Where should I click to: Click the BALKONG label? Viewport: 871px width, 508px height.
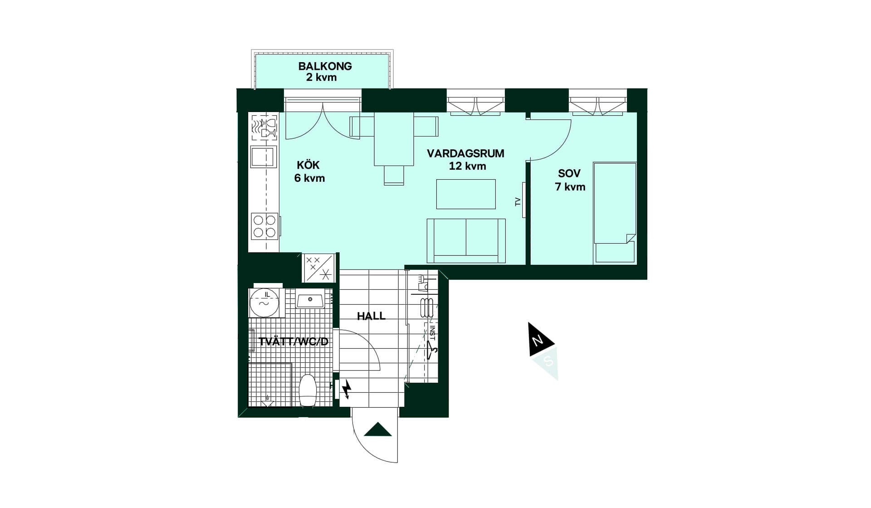click(x=325, y=66)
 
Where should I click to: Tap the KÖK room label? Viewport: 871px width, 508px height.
click(x=308, y=165)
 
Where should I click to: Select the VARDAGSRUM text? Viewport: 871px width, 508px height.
click(x=465, y=153)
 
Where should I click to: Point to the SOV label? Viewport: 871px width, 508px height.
click(x=569, y=173)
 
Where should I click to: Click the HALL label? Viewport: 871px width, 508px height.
click(x=371, y=316)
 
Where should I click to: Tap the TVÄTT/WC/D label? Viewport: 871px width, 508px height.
click(x=293, y=342)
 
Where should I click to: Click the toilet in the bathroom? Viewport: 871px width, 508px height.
click(x=308, y=390)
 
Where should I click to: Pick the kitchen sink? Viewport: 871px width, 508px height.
click(x=263, y=157)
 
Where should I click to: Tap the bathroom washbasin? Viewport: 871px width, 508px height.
click(x=310, y=300)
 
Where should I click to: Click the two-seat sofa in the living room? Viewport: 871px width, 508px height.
click(x=466, y=240)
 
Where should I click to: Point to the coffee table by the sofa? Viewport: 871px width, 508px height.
click(x=466, y=194)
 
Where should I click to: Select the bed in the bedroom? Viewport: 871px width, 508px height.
click(x=615, y=212)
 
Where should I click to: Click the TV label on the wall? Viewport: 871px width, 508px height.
click(x=518, y=202)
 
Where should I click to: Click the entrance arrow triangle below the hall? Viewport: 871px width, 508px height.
click(x=378, y=430)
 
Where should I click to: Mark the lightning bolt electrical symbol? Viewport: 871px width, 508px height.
click(x=347, y=389)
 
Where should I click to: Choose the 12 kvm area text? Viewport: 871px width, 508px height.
click(x=467, y=166)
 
